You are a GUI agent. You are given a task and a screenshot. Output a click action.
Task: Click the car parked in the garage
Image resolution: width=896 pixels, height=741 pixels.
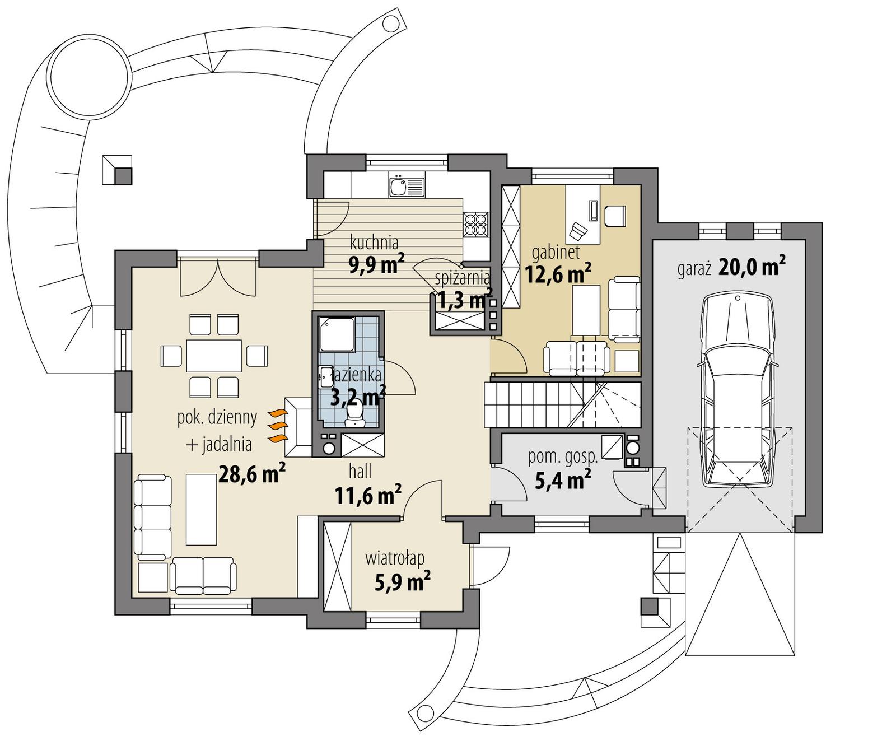(738, 392)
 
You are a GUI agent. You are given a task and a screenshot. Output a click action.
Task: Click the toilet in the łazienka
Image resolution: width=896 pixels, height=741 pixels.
(354, 416)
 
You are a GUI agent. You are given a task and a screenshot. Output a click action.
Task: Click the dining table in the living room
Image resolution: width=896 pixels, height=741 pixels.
(214, 356)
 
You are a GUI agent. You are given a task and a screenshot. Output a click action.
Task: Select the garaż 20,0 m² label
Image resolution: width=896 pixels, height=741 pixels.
(731, 268)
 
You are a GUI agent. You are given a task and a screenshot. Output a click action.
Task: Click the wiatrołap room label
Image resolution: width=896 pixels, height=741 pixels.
(394, 558)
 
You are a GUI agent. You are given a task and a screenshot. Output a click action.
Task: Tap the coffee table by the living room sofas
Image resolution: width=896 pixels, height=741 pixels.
(201, 509)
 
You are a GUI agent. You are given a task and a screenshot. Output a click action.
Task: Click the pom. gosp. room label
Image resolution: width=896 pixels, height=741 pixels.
(562, 456)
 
